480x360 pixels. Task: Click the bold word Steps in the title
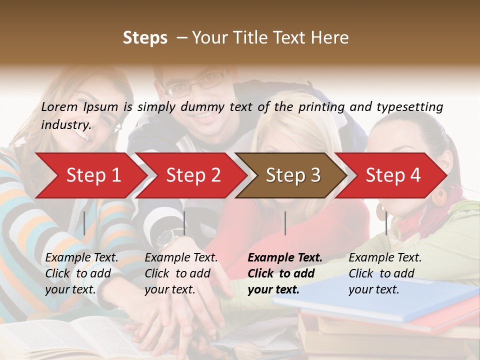click(145, 37)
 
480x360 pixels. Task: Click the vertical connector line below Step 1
click(84, 223)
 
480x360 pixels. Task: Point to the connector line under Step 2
click(184, 223)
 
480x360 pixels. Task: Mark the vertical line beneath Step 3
click(285, 223)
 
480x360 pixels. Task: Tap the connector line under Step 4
click(386, 223)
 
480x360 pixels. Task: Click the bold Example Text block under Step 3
click(285, 273)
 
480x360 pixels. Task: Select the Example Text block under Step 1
click(81, 273)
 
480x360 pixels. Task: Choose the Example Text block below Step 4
click(385, 273)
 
